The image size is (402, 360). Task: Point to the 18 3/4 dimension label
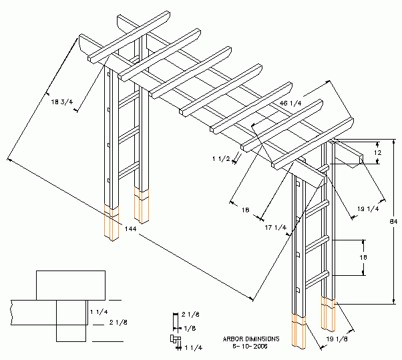click(x=62, y=102)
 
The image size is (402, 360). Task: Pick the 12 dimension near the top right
click(x=377, y=152)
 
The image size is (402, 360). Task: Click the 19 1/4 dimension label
click(x=367, y=209)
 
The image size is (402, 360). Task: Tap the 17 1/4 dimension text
click(x=275, y=228)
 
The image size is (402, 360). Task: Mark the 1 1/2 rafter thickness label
click(x=221, y=159)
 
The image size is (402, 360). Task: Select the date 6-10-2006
click(x=249, y=346)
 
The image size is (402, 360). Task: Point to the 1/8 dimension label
click(x=190, y=328)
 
